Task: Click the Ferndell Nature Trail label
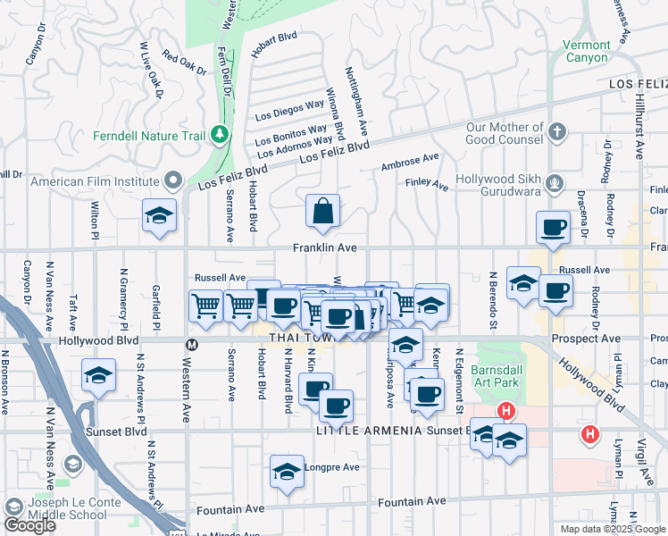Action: [x=150, y=137]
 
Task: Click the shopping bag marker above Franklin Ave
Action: [x=323, y=212]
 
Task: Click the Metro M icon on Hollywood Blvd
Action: [x=190, y=344]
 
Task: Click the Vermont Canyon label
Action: [x=588, y=51]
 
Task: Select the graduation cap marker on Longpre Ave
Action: [x=287, y=472]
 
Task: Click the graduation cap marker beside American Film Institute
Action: [x=159, y=216]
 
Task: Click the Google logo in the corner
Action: [x=29, y=525]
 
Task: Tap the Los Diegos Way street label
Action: [x=289, y=111]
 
